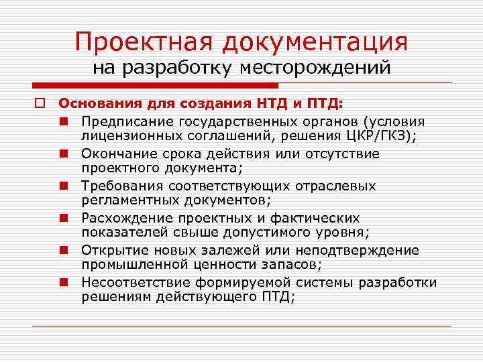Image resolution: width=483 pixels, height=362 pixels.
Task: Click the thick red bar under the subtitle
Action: point(154,86)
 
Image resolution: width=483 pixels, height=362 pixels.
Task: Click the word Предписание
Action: point(127,122)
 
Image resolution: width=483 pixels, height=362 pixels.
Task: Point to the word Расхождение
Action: point(125,218)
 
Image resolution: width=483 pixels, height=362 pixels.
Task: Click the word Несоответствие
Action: point(134,282)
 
